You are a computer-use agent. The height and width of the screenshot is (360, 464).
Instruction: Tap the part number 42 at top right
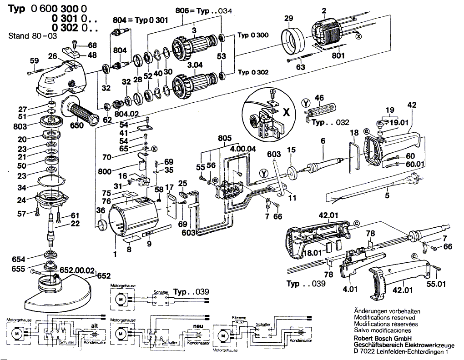tap(412, 105)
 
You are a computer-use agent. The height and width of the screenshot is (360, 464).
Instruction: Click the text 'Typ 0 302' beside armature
tap(253, 72)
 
